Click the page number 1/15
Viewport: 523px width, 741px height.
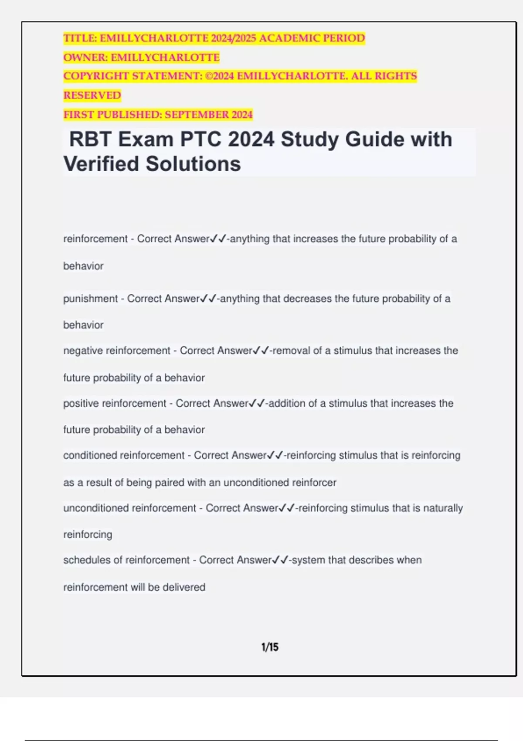click(270, 647)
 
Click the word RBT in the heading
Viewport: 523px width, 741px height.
click(91, 140)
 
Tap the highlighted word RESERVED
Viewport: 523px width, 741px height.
click(92, 95)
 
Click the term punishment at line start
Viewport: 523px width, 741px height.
click(90, 299)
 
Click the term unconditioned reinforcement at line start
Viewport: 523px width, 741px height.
click(129, 508)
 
